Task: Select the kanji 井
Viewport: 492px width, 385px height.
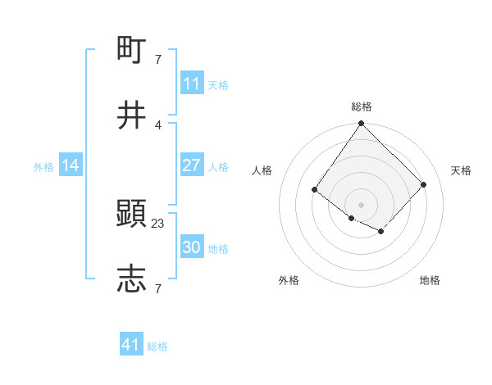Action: pos(133,115)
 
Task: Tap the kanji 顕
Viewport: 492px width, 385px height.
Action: pos(133,215)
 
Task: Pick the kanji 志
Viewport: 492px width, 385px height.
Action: pos(133,279)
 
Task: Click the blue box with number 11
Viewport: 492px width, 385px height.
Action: pos(191,84)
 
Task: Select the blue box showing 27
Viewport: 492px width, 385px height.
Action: pos(191,165)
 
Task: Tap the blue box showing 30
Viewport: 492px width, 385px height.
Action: pos(191,247)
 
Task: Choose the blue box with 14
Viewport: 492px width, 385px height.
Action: pos(71,165)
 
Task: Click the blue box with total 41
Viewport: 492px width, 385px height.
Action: pos(131,345)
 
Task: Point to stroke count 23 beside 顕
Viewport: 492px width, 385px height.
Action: pos(158,223)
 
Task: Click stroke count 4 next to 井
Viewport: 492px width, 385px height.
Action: pos(158,125)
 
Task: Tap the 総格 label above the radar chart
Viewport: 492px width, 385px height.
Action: pos(361,106)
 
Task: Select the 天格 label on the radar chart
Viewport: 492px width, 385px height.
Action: pos(461,170)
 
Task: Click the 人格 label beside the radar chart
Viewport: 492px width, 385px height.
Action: pos(262,170)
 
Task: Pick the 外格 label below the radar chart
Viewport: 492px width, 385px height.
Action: pos(289,280)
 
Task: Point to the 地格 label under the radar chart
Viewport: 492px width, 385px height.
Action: pos(430,280)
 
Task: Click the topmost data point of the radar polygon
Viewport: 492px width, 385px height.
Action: pos(361,125)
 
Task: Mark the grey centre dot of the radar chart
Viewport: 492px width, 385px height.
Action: pos(361,204)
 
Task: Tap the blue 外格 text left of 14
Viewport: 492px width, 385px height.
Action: pos(43,166)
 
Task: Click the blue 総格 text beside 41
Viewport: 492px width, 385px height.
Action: pos(157,346)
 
